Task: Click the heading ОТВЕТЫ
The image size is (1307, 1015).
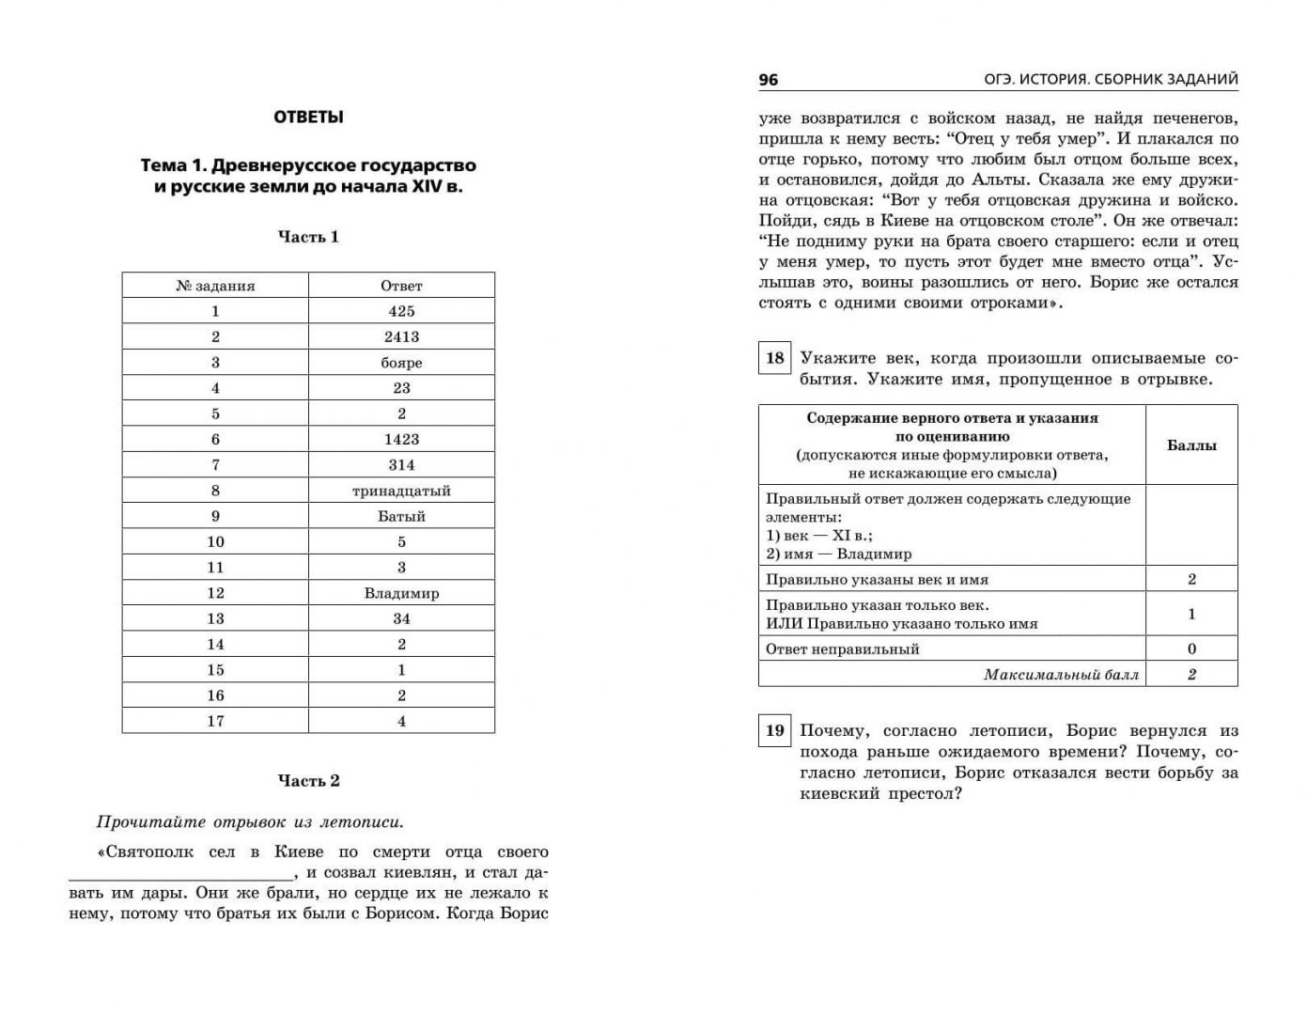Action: pos(308,117)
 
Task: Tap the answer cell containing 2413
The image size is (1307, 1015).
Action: pos(401,336)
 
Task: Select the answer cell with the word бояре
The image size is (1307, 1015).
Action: pos(401,363)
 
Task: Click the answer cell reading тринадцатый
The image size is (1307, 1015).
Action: pos(401,491)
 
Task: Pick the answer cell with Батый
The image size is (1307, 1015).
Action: pos(401,516)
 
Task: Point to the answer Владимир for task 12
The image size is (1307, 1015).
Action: pos(401,593)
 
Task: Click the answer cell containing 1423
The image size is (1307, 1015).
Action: pos(401,439)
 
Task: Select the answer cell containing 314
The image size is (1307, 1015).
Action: pos(401,464)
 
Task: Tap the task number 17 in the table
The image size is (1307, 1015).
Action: pos(215,721)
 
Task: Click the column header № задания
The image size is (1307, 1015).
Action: pos(215,286)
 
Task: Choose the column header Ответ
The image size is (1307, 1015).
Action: pos(401,286)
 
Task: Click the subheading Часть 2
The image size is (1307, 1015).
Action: pos(308,781)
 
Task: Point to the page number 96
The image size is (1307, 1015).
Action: pos(769,80)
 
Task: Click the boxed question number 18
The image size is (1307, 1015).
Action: pos(774,358)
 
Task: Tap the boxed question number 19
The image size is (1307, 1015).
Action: pos(774,730)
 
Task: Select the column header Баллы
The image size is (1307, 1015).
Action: pos(1191,445)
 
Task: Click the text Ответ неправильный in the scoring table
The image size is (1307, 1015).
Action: pos(843,648)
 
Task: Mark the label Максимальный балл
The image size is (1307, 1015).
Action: pos(1061,675)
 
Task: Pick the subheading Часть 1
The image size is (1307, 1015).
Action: pos(308,237)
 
